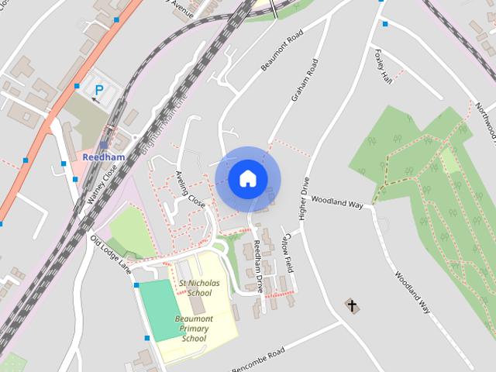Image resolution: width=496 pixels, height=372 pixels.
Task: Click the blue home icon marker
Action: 246,178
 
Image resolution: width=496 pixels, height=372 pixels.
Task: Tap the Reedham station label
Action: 103,156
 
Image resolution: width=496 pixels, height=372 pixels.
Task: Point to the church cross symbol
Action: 353,306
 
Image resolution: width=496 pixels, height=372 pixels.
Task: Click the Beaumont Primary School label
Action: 194,329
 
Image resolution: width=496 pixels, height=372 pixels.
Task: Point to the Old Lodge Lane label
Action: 110,255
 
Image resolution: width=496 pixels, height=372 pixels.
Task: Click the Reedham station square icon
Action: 103,143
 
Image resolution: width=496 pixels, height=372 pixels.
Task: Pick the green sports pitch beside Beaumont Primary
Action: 158,309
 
